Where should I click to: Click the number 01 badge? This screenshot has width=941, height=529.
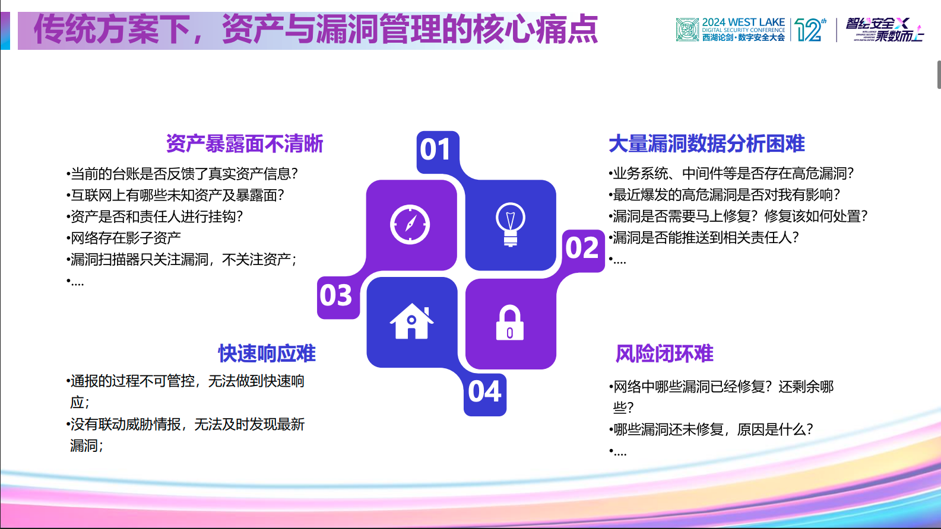[x=436, y=150]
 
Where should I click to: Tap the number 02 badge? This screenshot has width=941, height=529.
[x=582, y=248]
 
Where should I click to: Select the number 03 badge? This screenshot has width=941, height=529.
[x=337, y=296]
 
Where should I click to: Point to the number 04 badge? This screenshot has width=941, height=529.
[x=484, y=393]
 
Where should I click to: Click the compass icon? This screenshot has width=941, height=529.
[x=410, y=225]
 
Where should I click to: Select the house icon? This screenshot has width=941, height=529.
[x=411, y=321]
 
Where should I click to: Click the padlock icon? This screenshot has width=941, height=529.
[x=510, y=323]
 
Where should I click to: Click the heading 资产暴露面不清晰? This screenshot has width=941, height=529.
[x=245, y=144]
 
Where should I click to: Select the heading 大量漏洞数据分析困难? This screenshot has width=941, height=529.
[x=706, y=144]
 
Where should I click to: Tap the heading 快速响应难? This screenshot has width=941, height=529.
[x=267, y=353]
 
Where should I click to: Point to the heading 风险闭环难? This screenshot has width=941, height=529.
[x=664, y=354]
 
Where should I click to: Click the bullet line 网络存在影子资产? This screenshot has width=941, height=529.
[x=125, y=238]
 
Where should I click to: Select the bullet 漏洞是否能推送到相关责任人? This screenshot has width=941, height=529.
[x=705, y=238]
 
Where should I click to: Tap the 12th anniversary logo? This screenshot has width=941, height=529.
[x=810, y=30]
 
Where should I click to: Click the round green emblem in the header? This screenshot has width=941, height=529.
[x=687, y=30]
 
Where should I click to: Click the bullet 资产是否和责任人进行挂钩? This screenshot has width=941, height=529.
[x=156, y=216]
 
